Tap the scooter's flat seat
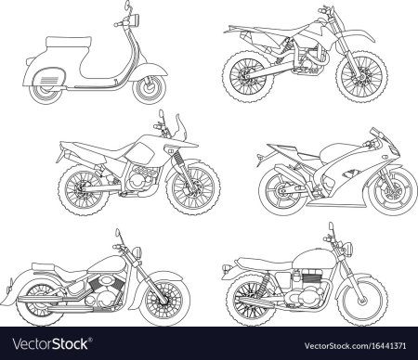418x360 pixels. tap(69, 42)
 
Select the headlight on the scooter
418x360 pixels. tap(135, 19)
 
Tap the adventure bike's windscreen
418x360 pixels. tap(181, 126)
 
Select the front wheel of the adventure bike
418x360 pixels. tap(193, 188)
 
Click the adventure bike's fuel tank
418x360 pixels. tap(140, 153)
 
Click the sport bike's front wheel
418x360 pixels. tap(393, 193)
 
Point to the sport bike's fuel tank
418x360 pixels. tap(337, 151)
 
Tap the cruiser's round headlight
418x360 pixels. tap(137, 252)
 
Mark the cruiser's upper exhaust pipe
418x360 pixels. tap(51, 299)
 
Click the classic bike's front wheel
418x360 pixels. tap(361, 300)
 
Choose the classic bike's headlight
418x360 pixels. tap(348, 249)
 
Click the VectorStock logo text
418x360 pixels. tap(51, 344)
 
